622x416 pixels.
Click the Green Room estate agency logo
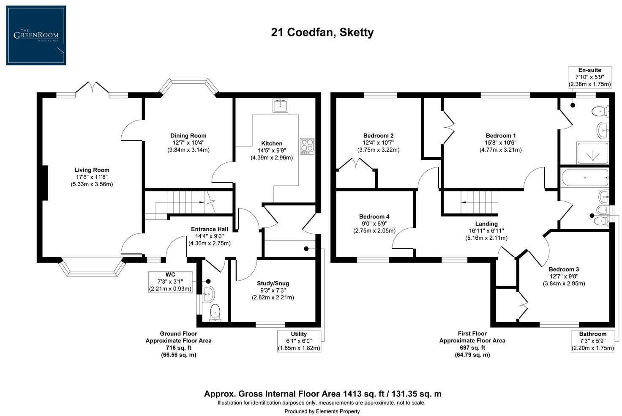[x=36, y=36]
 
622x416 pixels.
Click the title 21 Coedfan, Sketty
[x=322, y=33]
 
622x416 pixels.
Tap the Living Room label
[x=92, y=170]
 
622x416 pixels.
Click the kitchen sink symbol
[x=280, y=106]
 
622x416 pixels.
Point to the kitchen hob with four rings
[x=307, y=146]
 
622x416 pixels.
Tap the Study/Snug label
[x=273, y=283]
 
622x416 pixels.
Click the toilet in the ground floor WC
[x=215, y=312]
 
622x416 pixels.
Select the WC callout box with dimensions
[x=170, y=282]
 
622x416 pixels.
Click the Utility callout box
[x=299, y=341]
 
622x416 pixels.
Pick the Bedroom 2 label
[x=378, y=136]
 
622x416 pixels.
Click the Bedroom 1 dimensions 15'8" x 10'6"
[x=500, y=142]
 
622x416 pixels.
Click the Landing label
[x=486, y=224]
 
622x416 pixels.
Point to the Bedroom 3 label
[x=564, y=269]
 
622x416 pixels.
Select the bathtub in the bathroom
[x=585, y=178]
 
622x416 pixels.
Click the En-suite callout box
[x=589, y=77]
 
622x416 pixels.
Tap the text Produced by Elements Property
[x=322, y=411]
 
